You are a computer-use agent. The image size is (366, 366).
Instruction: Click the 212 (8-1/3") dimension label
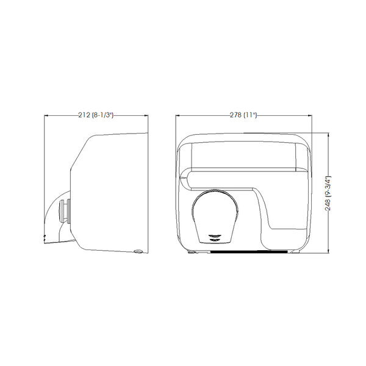96,115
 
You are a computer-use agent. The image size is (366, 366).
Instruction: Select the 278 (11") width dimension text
243,115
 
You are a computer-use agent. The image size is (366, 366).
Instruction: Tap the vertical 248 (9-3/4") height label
328,193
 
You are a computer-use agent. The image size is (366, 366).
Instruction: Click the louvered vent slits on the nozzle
215,238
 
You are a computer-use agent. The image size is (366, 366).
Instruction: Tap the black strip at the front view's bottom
249,253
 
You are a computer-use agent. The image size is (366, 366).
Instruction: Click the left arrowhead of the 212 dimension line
46,115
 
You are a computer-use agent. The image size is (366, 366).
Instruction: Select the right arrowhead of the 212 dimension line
146,115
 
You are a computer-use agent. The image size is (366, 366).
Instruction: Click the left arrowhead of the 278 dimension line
178,115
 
